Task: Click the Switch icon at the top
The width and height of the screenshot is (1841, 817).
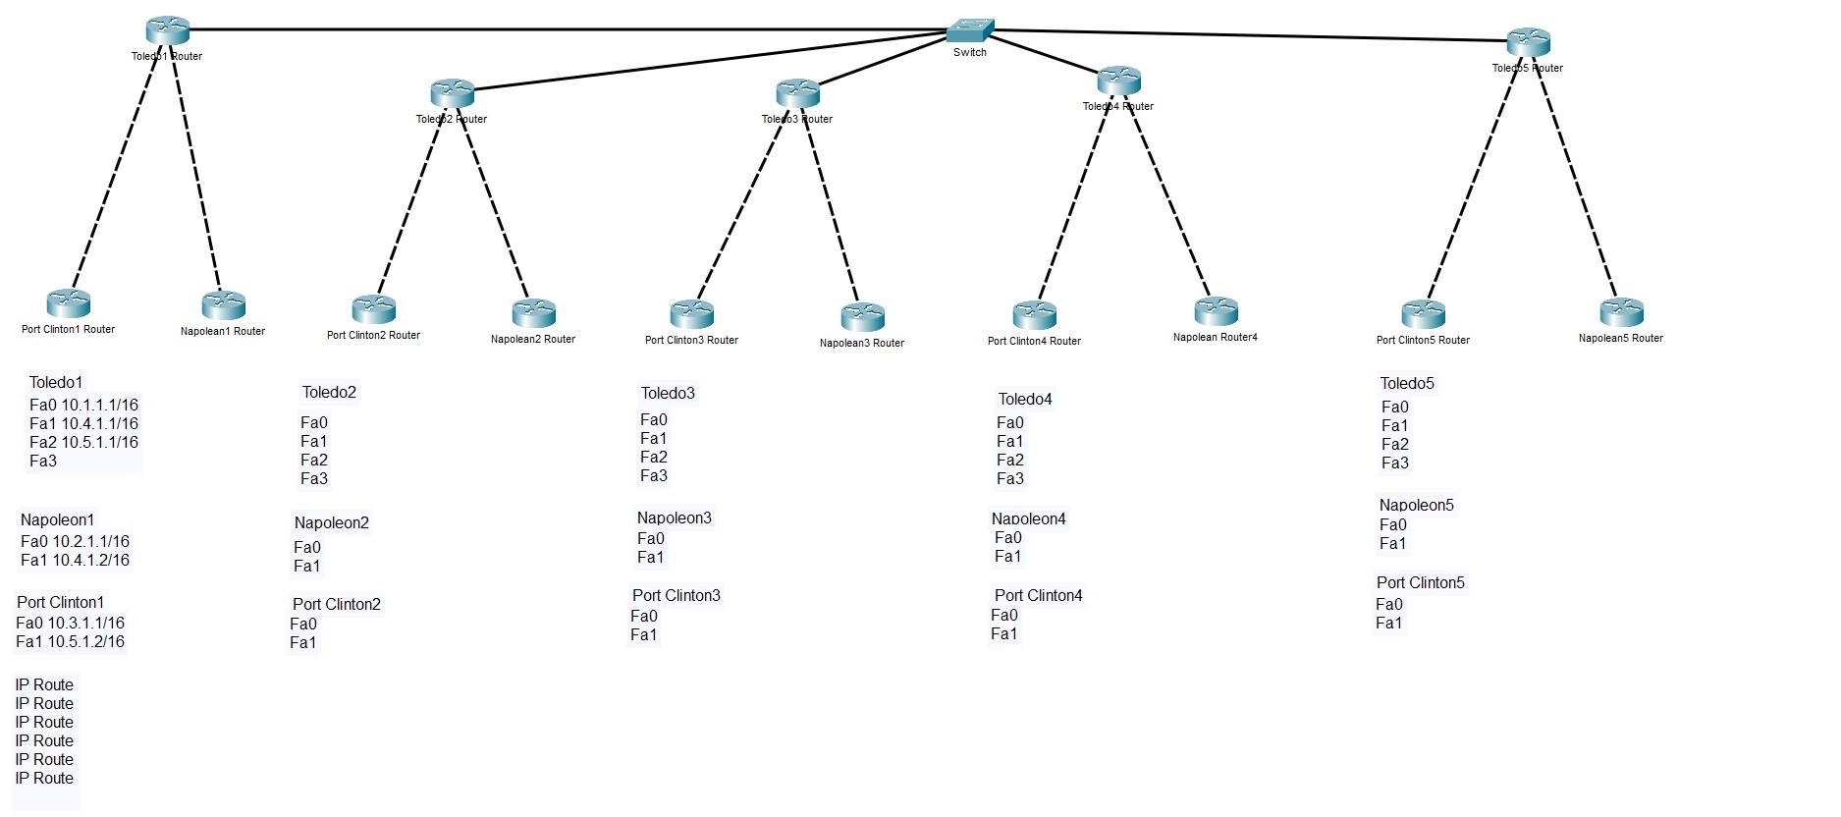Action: point(970,31)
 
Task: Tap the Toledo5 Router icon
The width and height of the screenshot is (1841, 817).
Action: point(1527,42)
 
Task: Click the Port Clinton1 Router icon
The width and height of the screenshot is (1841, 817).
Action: point(69,302)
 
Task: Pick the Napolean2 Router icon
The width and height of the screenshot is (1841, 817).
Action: point(533,313)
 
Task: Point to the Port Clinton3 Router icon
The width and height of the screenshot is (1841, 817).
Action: point(691,314)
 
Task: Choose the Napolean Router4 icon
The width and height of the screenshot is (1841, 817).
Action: point(1216,311)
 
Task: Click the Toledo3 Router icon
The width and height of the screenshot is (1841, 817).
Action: point(797,94)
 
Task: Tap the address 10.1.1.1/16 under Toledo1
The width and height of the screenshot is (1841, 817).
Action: point(100,405)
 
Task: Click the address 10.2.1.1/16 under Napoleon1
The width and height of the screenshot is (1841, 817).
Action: point(91,541)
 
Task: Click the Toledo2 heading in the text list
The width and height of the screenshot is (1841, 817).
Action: point(329,392)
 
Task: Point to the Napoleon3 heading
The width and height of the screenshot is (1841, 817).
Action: point(675,517)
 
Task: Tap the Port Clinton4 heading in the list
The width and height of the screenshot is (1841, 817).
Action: point(1038,595)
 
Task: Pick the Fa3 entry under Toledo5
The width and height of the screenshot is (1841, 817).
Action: point(1394,463)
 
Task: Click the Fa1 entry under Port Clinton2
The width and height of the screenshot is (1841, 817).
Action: point(303,642)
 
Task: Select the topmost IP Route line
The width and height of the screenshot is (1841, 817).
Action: point(44,684)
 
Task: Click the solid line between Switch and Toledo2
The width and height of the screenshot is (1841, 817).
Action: point(707,61)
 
